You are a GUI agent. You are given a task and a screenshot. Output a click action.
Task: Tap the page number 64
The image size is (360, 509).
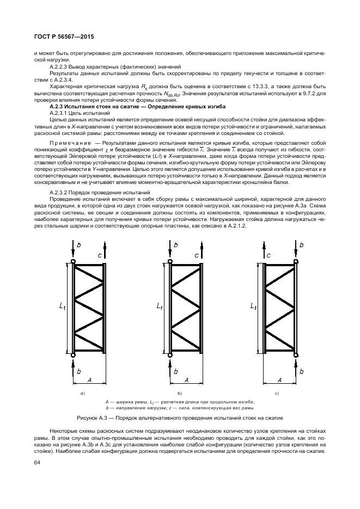[38, 463]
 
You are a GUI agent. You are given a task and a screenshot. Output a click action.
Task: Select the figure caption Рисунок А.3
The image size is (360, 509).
[180, 418]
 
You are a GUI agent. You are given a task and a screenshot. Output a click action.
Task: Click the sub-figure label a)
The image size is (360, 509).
[82, 393]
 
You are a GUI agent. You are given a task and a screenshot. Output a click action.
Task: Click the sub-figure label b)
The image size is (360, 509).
[179, 393]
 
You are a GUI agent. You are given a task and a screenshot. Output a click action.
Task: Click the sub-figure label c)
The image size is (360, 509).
[277, 393]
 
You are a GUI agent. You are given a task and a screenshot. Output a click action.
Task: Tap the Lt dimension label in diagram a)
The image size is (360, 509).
[63, 306]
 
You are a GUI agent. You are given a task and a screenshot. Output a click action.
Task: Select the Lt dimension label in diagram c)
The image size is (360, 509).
[254, 306]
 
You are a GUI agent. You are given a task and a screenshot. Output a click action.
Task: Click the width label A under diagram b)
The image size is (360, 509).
[186, 379]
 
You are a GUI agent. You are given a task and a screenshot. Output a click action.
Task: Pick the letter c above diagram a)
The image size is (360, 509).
[99, 240]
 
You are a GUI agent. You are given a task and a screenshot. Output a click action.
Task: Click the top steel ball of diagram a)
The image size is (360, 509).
[74, 262]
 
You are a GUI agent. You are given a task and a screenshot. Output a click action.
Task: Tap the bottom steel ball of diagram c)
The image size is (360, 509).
[296, 354]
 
